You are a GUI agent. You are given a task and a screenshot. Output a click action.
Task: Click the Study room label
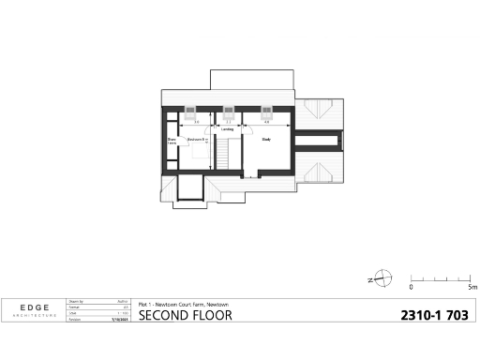[266, 141]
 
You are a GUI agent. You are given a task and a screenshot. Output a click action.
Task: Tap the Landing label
[228, 129]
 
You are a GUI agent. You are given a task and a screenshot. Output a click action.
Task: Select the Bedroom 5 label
[196, 140]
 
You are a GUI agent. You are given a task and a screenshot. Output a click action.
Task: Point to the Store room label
[172, 142]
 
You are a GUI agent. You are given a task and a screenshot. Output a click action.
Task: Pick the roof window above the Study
[265, 108]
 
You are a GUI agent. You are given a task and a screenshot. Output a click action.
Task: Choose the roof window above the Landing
[229, 108]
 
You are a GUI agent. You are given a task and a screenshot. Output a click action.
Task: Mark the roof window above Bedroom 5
[195, 108]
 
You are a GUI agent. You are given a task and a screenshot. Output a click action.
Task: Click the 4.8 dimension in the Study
[266, 122]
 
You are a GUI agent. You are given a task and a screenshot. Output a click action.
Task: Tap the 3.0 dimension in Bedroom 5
[196, 122]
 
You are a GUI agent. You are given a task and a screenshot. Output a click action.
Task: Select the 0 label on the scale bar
[411, 288]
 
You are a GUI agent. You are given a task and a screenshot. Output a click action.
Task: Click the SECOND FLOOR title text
[185, 315]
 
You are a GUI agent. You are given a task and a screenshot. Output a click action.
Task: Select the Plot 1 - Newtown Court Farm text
[184, 304]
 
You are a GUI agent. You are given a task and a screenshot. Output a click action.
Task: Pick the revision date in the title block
[118, 320]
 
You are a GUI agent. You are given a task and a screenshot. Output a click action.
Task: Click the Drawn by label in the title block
[76, 302]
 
